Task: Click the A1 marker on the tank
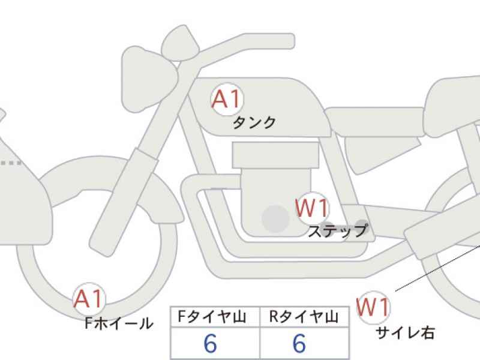(x=227, y=99)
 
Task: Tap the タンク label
(x=254, y=122)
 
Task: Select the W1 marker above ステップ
(x=312, y=208)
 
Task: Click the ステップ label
(x=338, y=231)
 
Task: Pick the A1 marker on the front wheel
(x=89, y=298)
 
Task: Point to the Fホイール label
(x=119, y=323)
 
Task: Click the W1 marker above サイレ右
(x=373, y=307)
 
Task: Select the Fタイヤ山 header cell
(x=215, y=317)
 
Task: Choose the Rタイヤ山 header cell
(x=304, y=317)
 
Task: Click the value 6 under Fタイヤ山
(x=211, y=343)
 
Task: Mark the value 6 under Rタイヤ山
(x=299, y=343)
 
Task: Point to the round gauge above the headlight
(x=181, y=43)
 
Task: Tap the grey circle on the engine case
(x=275, y=218)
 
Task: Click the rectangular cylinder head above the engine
(x=275, y=155)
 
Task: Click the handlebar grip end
(x=289, y=41)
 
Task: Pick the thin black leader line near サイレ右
(x=437, y=268)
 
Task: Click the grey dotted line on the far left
(x=11, y=163)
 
